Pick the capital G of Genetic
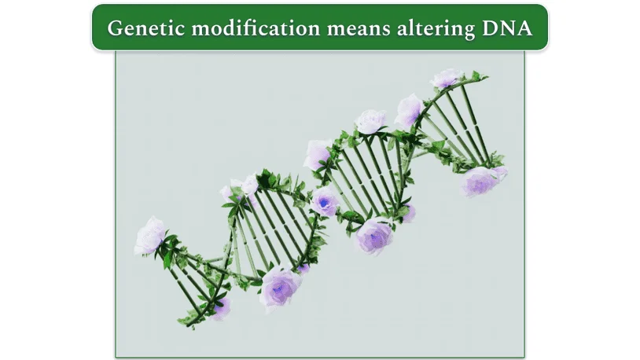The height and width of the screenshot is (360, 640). tap(116, 28)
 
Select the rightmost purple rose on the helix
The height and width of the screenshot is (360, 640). tap(481, 181)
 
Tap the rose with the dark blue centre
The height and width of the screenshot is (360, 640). tap(325, 202)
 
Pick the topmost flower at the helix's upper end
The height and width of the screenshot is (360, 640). tap(446, 78)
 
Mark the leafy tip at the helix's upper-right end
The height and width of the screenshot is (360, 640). tap(476, 76)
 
